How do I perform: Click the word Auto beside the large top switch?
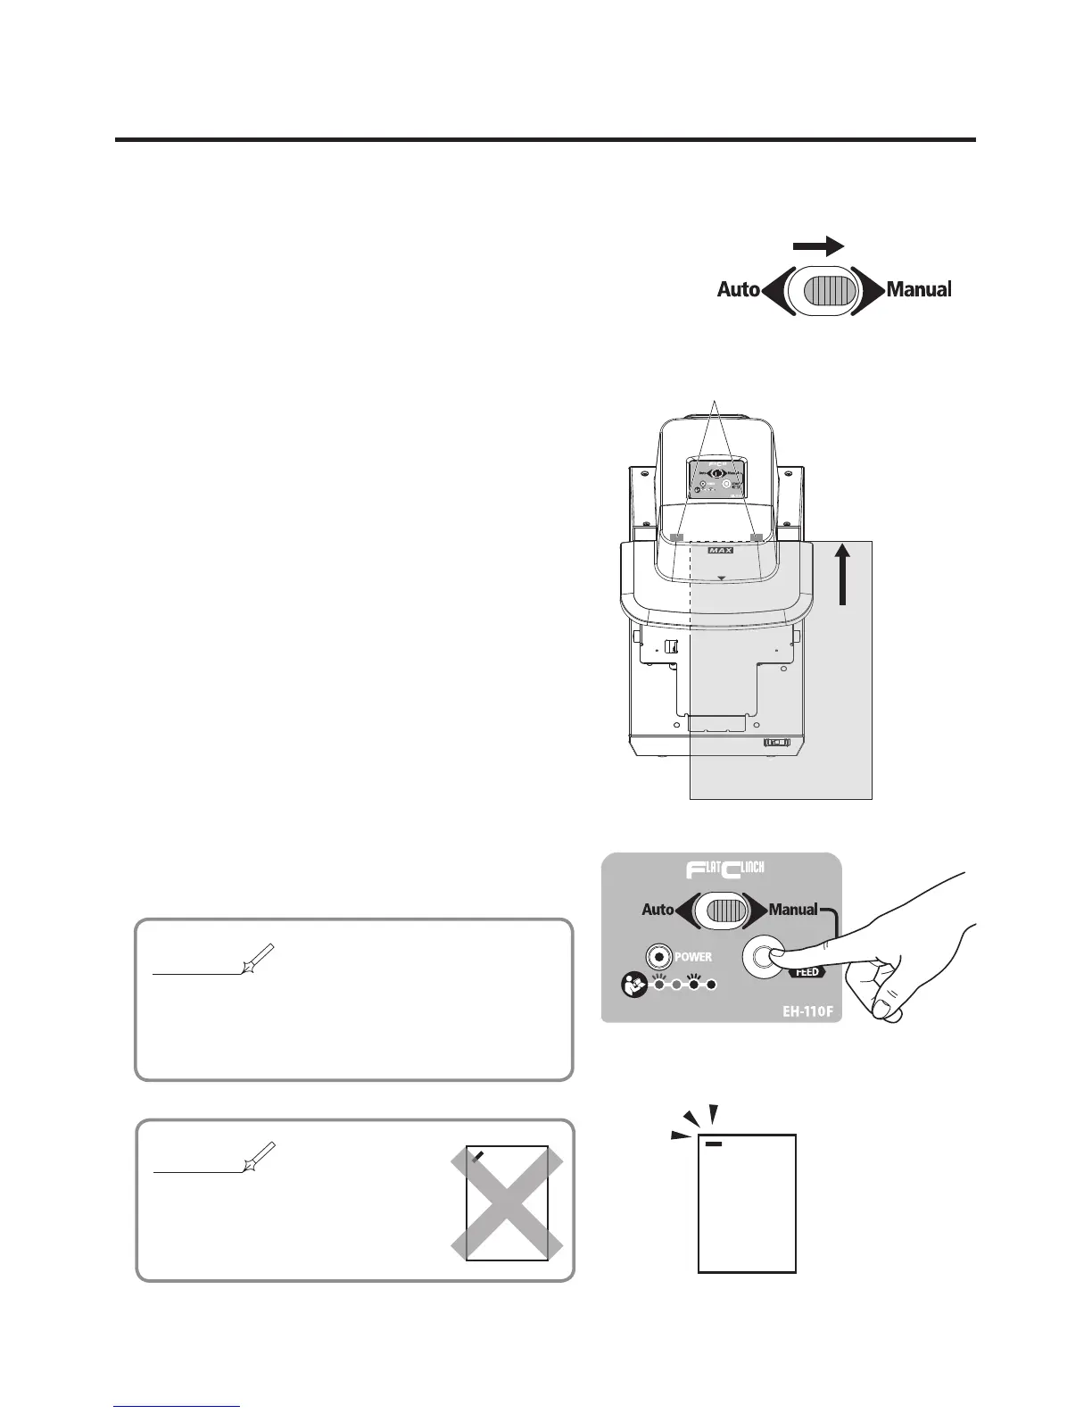[738, 289]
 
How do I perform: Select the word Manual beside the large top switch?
[918, 289]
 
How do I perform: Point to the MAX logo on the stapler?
[720, 550]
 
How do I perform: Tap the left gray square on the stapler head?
[676, 538]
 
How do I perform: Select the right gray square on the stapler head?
[757, 538]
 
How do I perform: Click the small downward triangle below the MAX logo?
[721, 578]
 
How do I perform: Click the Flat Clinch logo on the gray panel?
[721, 871]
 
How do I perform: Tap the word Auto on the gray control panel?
[658, 910]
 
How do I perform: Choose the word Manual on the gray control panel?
[792, 910]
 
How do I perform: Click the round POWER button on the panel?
[658, 957]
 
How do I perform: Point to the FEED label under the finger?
[806, 972]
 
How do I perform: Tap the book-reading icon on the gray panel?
[633, 986]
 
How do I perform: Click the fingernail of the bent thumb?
[885, 1009]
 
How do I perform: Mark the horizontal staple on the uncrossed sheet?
[714, 1143]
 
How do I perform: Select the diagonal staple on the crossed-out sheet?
[479, 1156]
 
